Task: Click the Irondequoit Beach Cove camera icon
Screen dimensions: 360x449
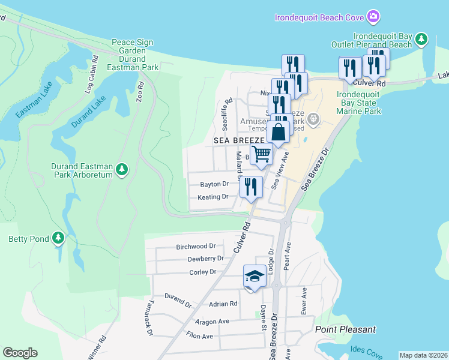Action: coord(373,16)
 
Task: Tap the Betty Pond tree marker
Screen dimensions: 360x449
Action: coord(58,239)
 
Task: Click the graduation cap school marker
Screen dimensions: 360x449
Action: coord(254,276)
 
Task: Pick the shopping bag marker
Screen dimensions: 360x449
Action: coord(279,132)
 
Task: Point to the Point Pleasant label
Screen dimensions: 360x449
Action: coord(345,329)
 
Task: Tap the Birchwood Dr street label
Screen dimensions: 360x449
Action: coord(196,247)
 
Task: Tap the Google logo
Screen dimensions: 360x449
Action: coord(20,353)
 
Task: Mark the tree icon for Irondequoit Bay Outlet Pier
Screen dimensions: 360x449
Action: coord(422,40)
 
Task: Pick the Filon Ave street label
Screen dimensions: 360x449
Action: coord(200,336)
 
